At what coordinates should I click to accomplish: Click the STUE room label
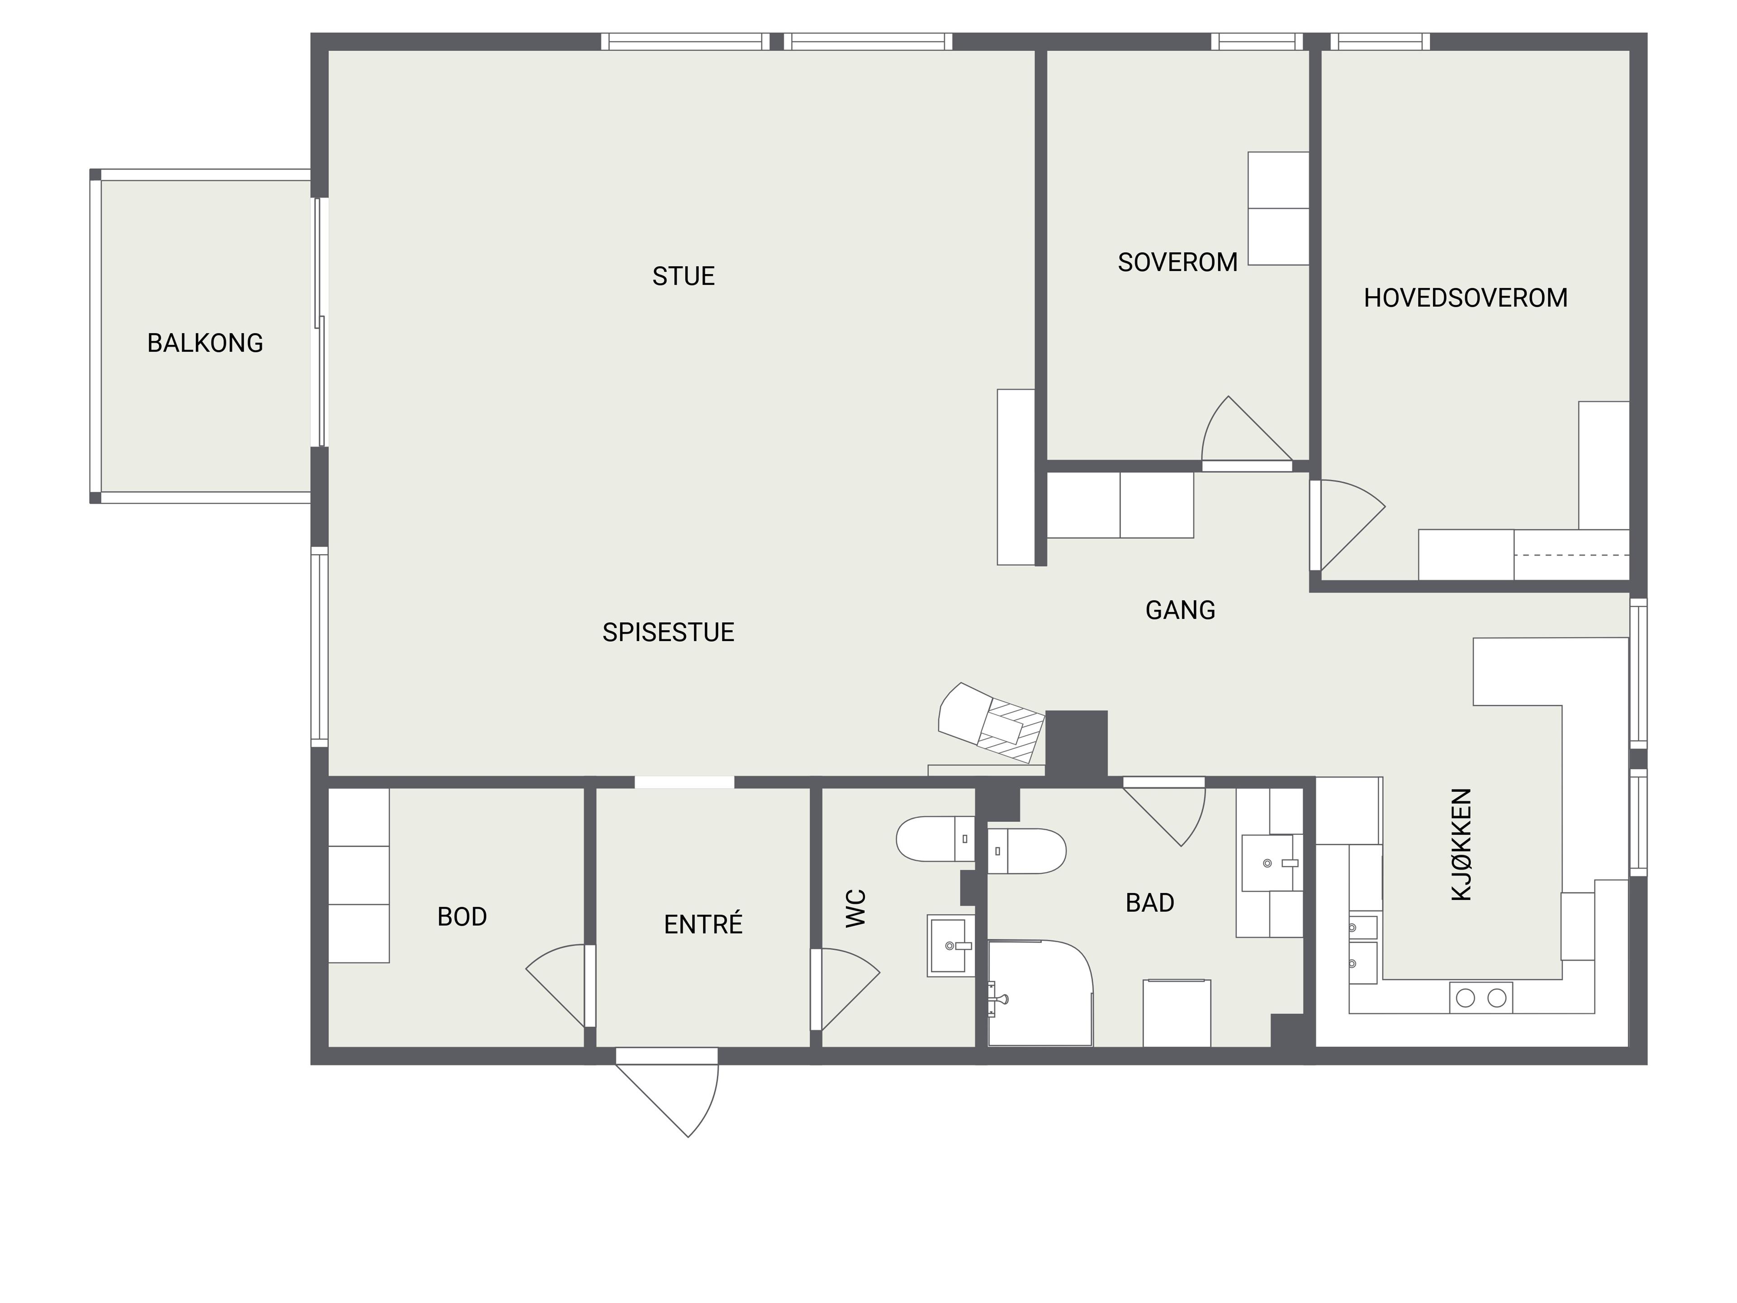point(683,276)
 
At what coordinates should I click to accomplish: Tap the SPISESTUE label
point(668,632)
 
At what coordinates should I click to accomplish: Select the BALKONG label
point(205,343)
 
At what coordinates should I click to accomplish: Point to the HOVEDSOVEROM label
point(1465,298)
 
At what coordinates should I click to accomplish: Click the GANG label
point(1180,610)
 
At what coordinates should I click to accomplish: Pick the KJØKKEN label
point(1462,844)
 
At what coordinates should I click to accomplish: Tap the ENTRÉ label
point(703,924)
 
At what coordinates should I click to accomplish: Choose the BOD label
point(462,917)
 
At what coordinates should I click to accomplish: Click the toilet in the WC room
point(935,839)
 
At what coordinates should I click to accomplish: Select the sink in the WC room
point(950,946)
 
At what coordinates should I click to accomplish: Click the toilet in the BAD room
point(1026,851)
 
